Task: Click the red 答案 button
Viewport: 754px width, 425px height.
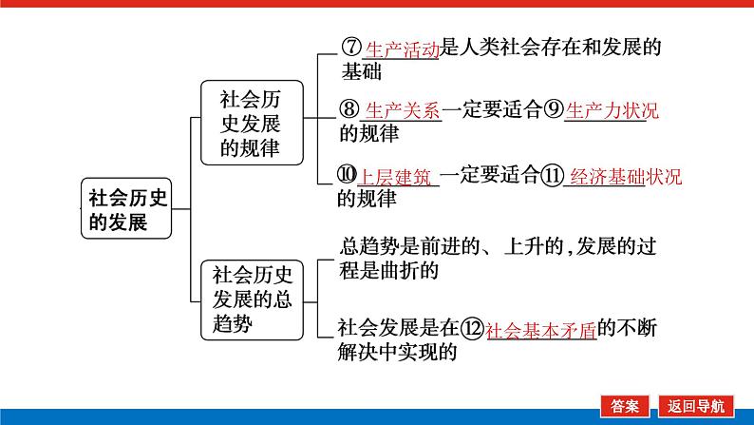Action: [625, 406]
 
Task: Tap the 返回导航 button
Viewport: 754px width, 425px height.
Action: [695, 406]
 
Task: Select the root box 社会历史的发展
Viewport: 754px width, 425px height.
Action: [126, 208]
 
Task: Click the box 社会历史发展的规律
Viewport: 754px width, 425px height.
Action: [252, 123]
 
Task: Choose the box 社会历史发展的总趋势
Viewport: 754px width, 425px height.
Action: [252, 299]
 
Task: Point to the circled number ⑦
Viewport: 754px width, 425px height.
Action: [351, 47]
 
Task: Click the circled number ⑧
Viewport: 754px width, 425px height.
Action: [349, 108]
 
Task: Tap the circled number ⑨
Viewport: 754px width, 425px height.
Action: [554, 108]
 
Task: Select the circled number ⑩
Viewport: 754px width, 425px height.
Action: [347, 174]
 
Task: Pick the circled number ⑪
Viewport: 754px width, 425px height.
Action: [552, 175]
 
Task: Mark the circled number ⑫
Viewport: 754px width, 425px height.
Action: [472, 328]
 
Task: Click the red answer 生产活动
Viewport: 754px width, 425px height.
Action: [403, 49]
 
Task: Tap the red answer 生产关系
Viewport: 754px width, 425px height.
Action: [403, 110]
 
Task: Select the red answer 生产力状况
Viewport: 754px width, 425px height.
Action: [613, 110]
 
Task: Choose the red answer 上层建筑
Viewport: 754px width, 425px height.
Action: [395, 177]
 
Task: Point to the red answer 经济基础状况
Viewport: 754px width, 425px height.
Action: [626, 177]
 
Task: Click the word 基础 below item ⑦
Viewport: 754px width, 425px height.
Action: [362, 71]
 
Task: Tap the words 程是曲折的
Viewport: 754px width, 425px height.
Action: [388, 270]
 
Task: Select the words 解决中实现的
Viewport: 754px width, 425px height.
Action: [397, 352]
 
